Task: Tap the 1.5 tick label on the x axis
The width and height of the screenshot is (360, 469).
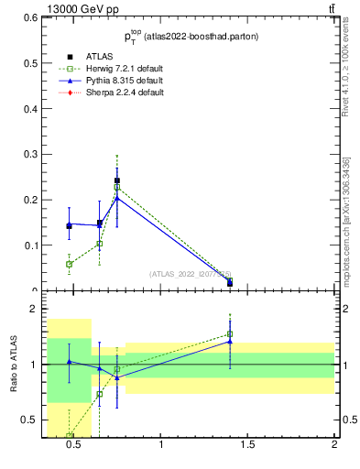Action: pos(247,446)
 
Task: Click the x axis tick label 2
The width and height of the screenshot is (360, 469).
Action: pos(334,446)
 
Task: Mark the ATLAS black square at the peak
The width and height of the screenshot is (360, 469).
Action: pos(117,180)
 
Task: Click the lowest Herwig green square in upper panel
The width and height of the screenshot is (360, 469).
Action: pos(70,264)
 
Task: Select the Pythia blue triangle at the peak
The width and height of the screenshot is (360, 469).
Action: pos(117,198)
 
